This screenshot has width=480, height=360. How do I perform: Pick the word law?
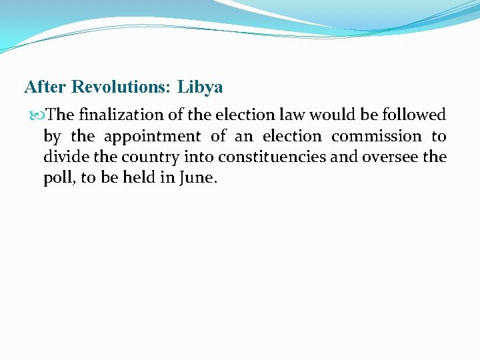pos(291,115)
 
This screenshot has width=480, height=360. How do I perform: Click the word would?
pos(330,115)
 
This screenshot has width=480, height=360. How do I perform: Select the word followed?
pos(414,115)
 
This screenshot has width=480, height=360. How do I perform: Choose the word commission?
pos(377,137)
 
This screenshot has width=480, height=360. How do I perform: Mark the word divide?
pos(64,158)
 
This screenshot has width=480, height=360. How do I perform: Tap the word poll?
pos(57,179)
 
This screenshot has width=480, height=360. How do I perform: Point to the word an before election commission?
pos(244,137)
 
